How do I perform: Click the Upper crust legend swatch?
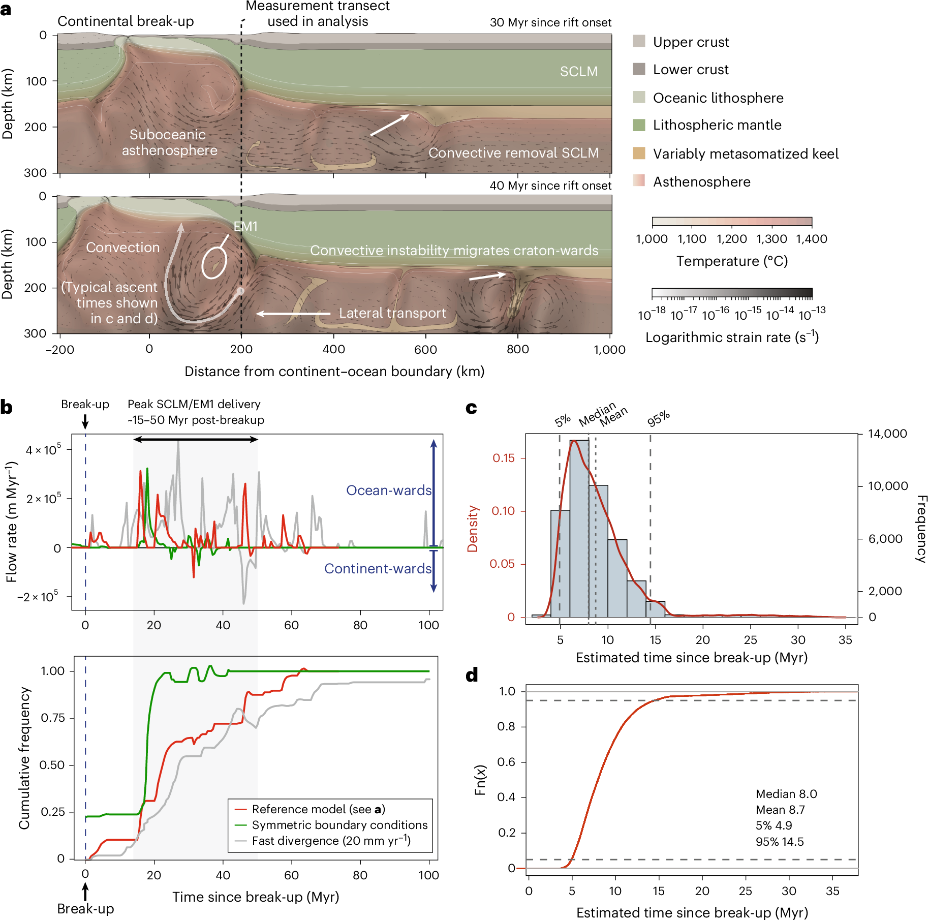tap(639, 41)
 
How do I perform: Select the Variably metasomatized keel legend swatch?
tap(639, 153)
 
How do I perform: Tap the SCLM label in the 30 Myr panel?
tap(578, 72)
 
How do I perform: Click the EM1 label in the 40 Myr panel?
tap(245, 227)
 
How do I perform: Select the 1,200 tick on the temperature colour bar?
tap(732, 239)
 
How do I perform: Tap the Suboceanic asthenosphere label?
tap(169, 142)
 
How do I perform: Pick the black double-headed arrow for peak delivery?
tap(196, 439)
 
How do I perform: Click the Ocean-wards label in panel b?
tap(388, 490)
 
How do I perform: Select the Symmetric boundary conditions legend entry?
tap(339, 825)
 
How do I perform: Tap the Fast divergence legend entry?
tap(331, 841)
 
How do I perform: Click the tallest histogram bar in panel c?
tap(579, 529)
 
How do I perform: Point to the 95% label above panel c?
tap(658, 419)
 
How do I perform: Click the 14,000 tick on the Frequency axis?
tap(887, 434)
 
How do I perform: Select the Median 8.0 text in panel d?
tap(786, 794)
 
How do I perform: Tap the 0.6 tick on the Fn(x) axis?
tap(506, 762)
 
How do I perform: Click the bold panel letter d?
tap(472, 675)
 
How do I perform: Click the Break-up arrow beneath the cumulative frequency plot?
tap(85, 892)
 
